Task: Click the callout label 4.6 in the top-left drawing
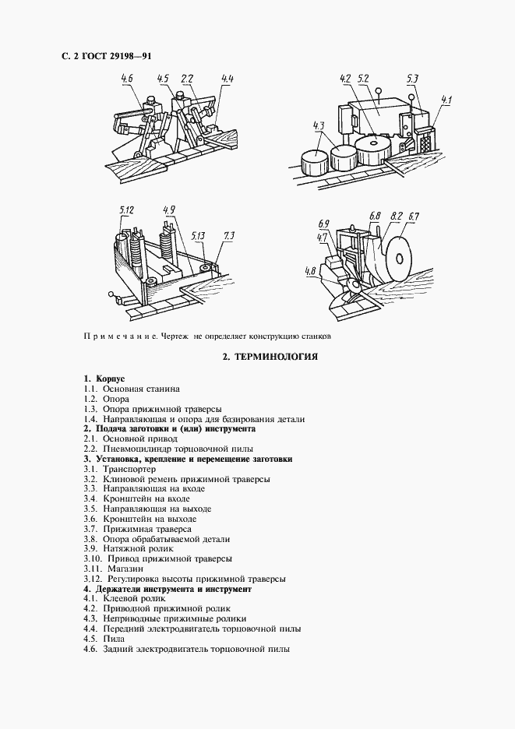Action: (x=127, y=79)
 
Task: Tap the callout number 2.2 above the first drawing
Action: (x=187, y=79)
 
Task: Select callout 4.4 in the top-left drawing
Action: (x=228, y=79)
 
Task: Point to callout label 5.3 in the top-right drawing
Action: (x=414, y=79)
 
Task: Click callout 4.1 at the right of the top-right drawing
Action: (x=446, y=99)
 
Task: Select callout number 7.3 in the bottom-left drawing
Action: (x=229, y=234)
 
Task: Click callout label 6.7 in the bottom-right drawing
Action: (x=414, y=216)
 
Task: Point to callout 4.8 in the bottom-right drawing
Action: (x=311, y=272)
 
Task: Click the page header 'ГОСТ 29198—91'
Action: (x=104, y=56)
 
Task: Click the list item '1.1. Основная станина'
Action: (x=132, y=388)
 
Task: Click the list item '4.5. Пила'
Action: (x=104, y=639)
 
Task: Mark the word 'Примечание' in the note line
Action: (x=117, y=336)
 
